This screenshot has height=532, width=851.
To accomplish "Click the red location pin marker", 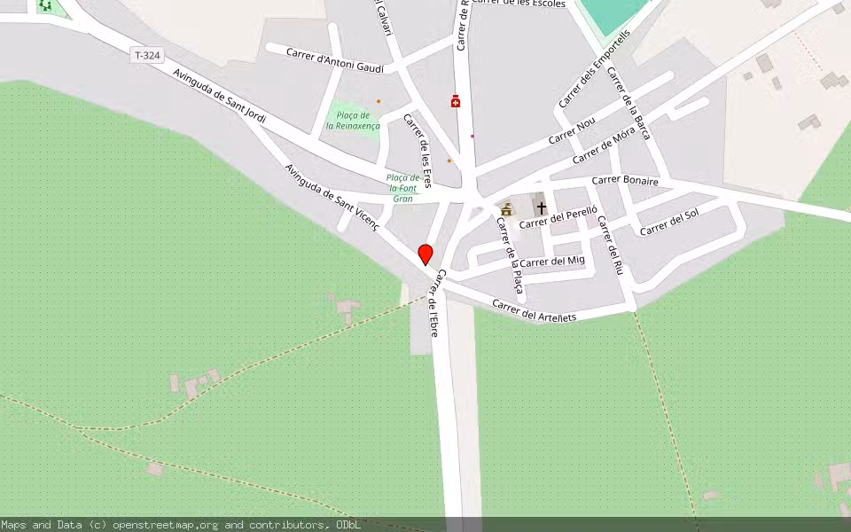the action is (x=425, y=254).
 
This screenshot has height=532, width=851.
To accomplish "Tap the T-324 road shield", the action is (x=147, y=56).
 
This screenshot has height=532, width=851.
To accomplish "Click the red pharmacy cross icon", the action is (x=456, y=102).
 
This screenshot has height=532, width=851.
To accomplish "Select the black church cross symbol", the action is (x=541, y=207).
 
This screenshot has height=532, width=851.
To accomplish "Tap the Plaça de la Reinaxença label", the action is (x=353, y=121).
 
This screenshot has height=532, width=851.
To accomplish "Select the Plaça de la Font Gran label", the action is (x=402, y=188).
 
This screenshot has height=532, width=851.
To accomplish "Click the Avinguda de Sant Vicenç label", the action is (x=332, y=197).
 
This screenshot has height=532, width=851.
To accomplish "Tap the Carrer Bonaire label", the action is (x=625, y=180).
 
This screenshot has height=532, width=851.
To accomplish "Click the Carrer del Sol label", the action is (x=669, y=222).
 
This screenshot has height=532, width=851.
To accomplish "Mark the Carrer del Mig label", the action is (x=552, y=262).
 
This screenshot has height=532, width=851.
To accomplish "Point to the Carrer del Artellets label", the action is (x=534, y=311).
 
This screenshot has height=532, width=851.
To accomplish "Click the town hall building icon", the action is (x=506, y=210).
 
